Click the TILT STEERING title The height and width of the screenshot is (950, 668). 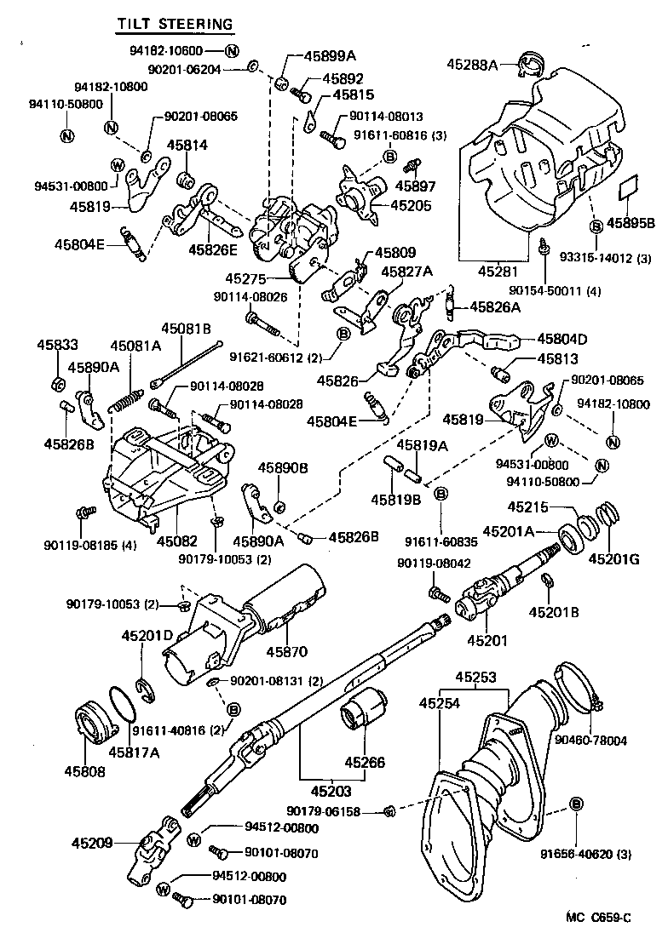[x=175, y=25]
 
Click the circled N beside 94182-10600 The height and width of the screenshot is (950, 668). [x=233, y=50]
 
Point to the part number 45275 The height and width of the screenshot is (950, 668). [x=246, y=278]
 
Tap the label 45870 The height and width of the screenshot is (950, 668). [x=285, y=652]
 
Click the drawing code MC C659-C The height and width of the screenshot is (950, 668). [x=598, y=917]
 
